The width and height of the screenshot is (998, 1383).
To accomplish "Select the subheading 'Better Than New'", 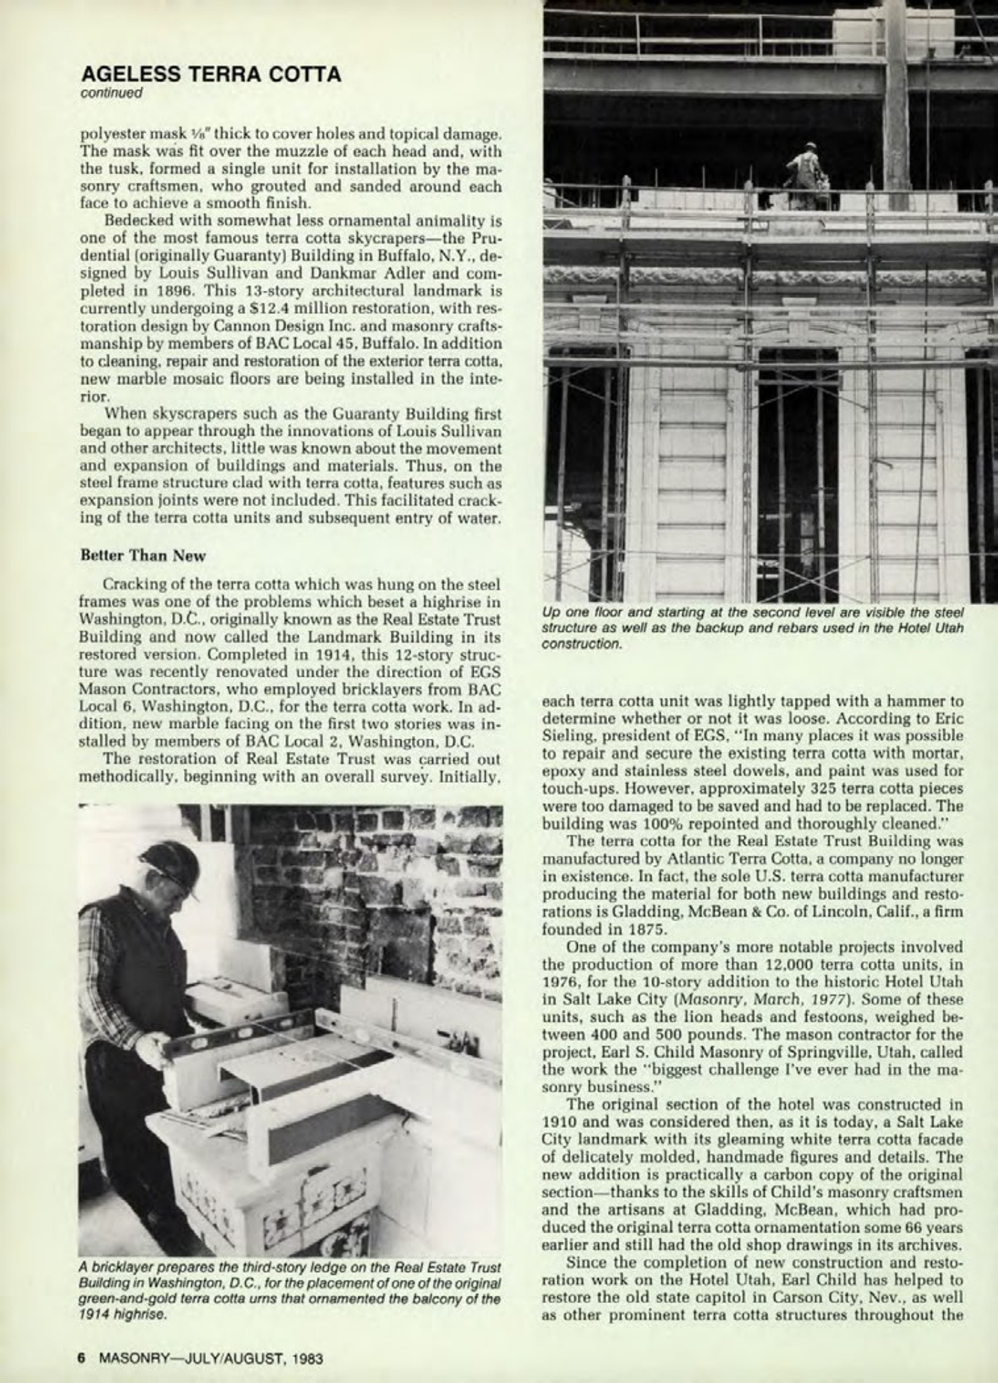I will tap(144, 555).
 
